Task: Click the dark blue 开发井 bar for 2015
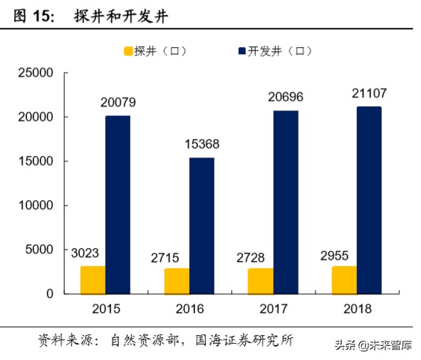118,205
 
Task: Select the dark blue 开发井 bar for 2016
202,225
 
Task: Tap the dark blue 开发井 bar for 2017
286,202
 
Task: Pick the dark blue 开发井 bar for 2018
369,200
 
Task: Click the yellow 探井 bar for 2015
93,279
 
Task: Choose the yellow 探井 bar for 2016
177,281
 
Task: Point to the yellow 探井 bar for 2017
261,281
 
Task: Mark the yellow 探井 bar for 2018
344,279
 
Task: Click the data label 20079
118,103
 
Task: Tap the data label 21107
370,93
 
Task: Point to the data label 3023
86,252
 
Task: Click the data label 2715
171,255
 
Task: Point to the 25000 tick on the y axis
36,73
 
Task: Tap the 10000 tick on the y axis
36,205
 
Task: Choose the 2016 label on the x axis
189,309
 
